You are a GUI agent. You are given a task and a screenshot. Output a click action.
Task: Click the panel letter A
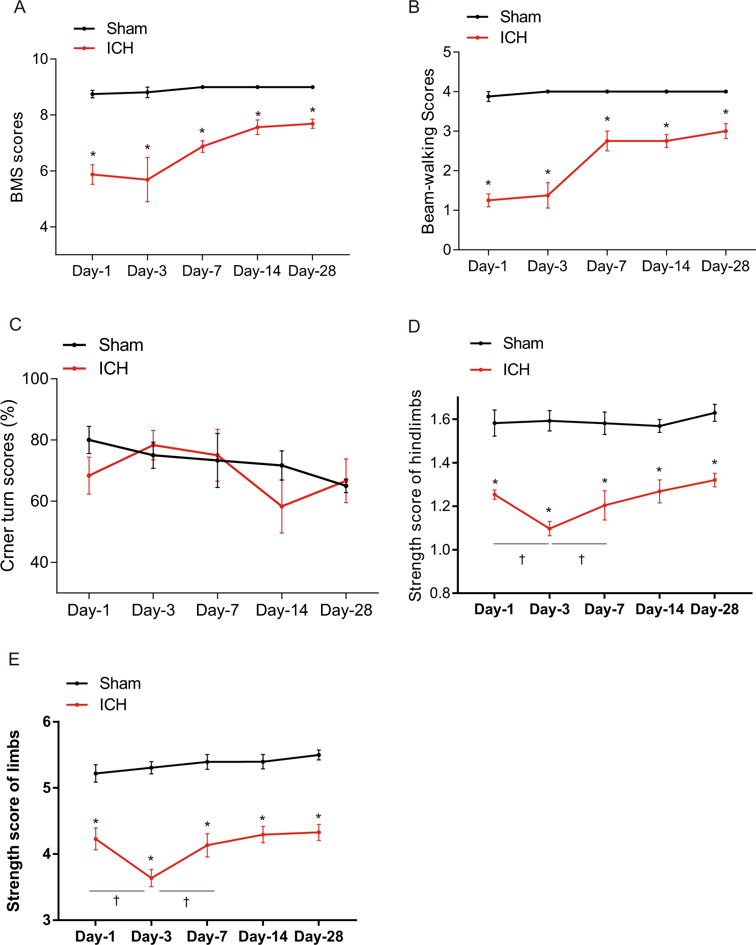click(19, 8)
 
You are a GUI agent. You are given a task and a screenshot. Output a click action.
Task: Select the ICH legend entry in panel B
click(513, 38)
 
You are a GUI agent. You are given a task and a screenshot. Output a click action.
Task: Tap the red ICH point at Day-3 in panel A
click(147, 180)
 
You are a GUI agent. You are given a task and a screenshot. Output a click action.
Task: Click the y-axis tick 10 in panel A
click(40, 59)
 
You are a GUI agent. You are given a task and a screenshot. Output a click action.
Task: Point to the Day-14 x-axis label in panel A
click(257, 271)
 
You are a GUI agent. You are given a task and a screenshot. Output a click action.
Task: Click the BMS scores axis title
click(17, 157)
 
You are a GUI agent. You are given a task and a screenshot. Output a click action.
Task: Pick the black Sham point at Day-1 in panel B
click(489, 96)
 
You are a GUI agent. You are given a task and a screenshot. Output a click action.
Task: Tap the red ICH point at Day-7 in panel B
click(607, 141)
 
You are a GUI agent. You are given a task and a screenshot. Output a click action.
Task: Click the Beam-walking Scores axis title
click(428, 151)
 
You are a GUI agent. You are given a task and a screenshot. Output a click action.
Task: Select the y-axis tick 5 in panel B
click(447, 52)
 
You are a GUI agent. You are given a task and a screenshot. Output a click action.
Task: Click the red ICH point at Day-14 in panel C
click(282, 506)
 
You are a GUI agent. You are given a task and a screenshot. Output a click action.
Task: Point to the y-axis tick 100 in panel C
click(35, 379)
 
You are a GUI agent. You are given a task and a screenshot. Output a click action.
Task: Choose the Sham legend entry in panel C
click(121, 345)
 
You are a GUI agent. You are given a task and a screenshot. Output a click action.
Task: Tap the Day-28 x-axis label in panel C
click(346, 610)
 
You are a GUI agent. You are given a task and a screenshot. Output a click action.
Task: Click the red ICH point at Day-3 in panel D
click(549, 529)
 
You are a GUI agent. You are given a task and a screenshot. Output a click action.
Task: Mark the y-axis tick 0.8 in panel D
click(440, 593)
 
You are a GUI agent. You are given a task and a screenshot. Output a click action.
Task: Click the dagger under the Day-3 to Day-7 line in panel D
click(581, 559)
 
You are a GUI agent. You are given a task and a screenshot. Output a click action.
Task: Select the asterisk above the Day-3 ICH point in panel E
click(151, 859)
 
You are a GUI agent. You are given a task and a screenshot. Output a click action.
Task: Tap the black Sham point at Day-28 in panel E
click(319, 755)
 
